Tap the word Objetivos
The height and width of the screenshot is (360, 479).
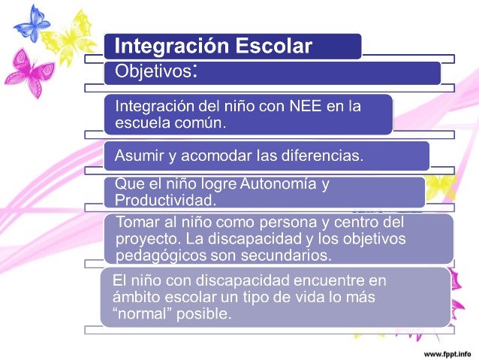(x=152, y=73)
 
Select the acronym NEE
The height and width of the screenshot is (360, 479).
(x=300, y=107)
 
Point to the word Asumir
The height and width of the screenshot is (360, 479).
(x=136, y=156)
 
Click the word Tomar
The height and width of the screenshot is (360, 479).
(x=135, y=222)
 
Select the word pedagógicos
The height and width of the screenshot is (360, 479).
(x=155, y=256)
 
